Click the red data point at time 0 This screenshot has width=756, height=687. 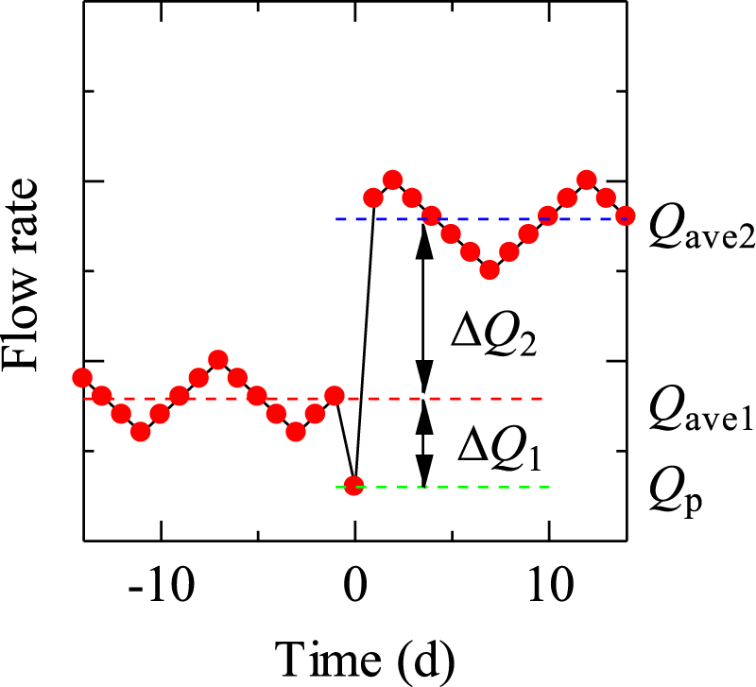pos(353,486)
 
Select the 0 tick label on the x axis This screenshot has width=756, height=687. pos(354,592)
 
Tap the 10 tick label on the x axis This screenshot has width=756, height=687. pos(548,592)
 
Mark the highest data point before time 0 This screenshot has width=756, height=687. pos(218,359)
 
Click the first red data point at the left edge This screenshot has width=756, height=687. pos(83,378)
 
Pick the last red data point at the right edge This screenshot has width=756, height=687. pos(625,216)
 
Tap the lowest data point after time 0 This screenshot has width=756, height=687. pos(490,270)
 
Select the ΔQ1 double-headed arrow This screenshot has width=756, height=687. pos(424,442)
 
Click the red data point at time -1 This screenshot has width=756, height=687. pos(335,395)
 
